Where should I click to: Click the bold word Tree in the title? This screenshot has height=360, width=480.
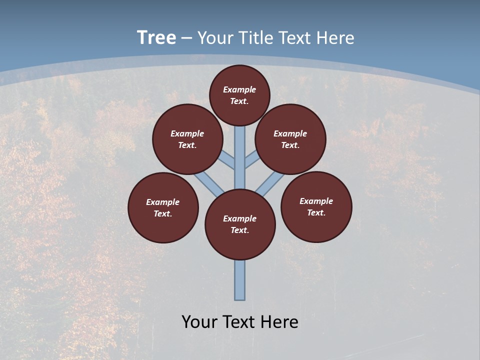pyautogui.click(x=156, y=37)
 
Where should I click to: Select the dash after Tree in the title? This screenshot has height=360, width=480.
pyautogui.click(x=186, y=38)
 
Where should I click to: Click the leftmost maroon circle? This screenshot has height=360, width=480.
pyautogui.click(x=163, y=207)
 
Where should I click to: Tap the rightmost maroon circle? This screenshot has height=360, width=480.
pyautogui.click(x=316, y=206)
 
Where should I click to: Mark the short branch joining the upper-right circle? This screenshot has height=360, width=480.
pyautogui.click(x=252, y=161)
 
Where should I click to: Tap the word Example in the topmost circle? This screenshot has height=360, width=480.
pyautogui.click(x=239, y=90)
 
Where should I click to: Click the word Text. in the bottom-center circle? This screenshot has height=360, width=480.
pyautogui.click(x=240, y=230)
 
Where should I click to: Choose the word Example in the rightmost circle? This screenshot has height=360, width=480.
pyautogui.click(x=316, y=201)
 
